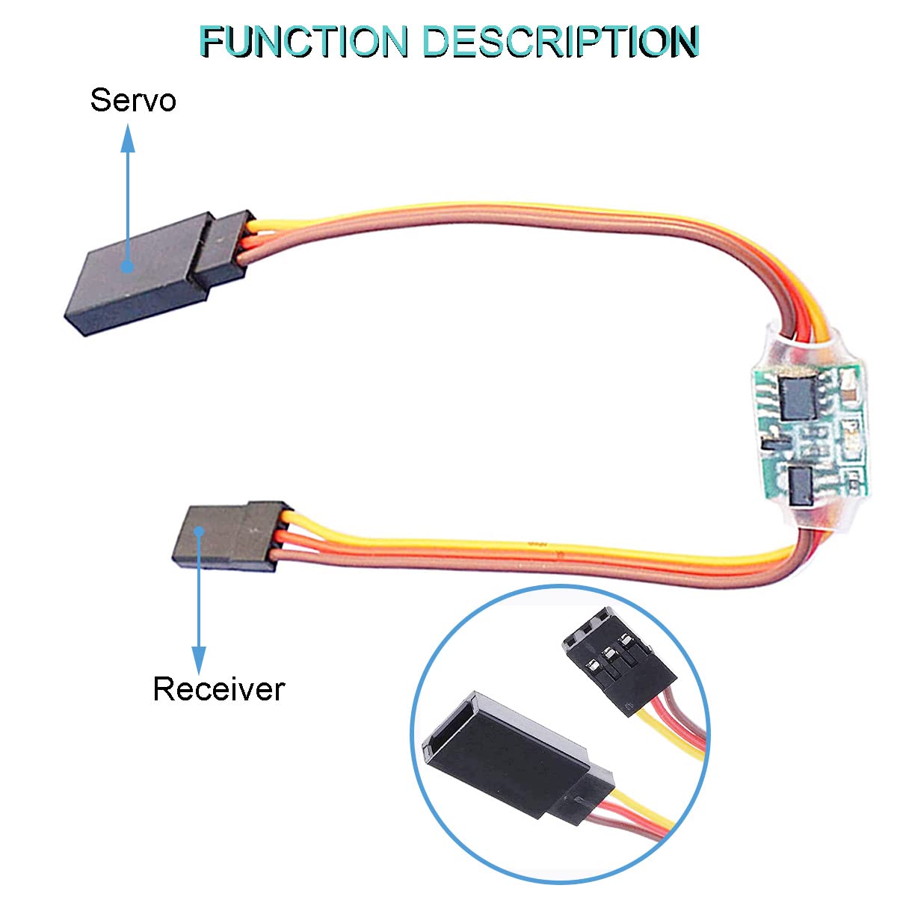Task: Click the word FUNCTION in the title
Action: (x=305, y=41)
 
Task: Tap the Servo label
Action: (x=133, y=99)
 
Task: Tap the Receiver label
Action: (x=219, y=689)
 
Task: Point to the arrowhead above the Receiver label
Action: (x=199, y=661)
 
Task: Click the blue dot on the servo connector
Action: (x=128, y=266)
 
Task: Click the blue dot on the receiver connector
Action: (x=200, y=531)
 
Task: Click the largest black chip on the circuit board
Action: (x=798, y=397)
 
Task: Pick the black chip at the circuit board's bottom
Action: (x=801, y=486)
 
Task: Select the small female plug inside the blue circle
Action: (x=617, y=660)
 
